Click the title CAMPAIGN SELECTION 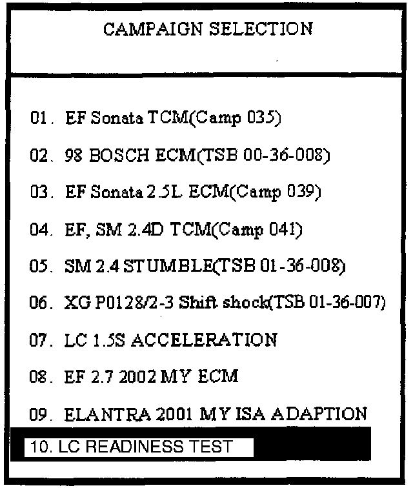click(208, 29)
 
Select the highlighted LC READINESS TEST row click(138, 447)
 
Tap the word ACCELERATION click(205, 340)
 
